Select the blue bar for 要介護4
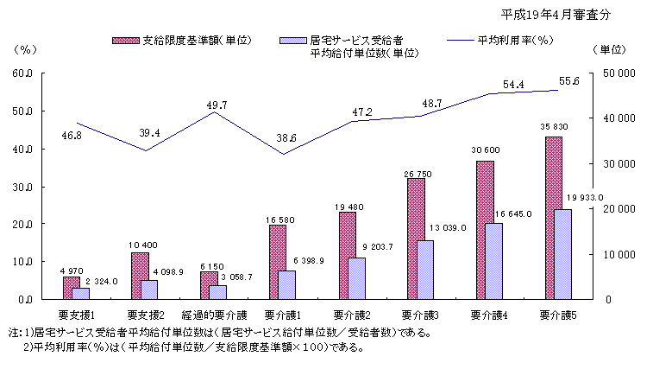[493, 261]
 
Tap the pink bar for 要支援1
[71, 288]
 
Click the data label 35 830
[553, 129]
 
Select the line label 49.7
[217, 105]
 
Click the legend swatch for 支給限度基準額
[127, 41]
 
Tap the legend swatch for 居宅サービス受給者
[295, 41]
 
